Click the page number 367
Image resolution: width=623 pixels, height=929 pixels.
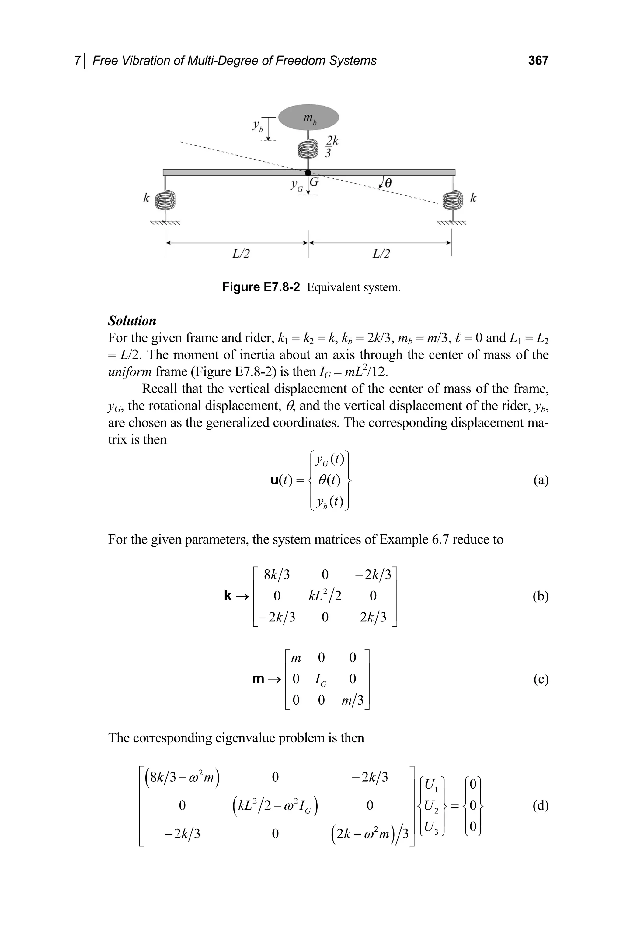(538, 61)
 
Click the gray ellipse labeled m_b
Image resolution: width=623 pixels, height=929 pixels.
(308, 117)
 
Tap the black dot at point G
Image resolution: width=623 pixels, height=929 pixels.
(308, 173)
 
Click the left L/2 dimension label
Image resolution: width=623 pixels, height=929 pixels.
(241, 254)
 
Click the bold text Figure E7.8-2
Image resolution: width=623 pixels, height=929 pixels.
(261, 287)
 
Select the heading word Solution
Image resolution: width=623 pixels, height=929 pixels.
(132, 321)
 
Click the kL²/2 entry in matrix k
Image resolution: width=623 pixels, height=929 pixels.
(325, 596)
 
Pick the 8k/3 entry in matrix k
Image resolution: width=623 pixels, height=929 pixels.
(277, 574)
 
